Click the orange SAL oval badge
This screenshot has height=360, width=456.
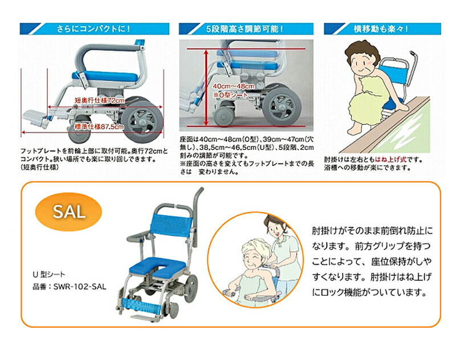click(68, 212)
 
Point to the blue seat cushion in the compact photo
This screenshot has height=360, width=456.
click(104, 77)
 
